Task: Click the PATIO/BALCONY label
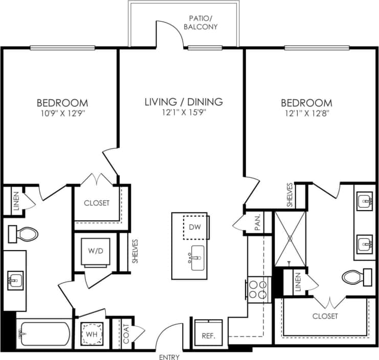coord(203,22)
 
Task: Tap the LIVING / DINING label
coord(183,102)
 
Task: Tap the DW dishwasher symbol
coord(194,227)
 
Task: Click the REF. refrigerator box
coord(208,335)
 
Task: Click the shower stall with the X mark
coord(289,238)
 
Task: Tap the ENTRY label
coord(169,357)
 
